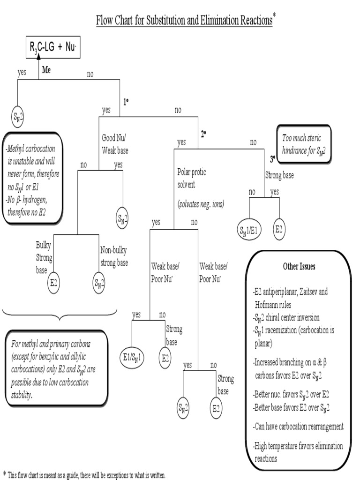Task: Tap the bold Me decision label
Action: pyautogui.click(x=46, y=70)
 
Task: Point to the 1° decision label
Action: pyautogui.click(x=126, y=101)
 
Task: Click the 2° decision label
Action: pyautogui.click(x=204, y=134)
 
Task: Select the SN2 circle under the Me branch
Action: pyautogui.click(x=17, y=118)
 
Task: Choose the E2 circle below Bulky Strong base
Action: pyautogui.click(x=54, y=283)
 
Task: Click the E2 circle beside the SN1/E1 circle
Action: pyautogui.click(x=279, y=229)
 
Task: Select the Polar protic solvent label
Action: pyautogui.click(x=191, y=178)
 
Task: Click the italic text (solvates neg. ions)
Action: pyautogui.click(x=201, y=204)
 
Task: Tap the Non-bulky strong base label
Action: pyautogui.click(x=114, y=256)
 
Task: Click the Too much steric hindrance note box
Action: pyautogui.click(x=304, y=144)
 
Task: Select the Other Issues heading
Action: pyautogui.click(x=299, y=266)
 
